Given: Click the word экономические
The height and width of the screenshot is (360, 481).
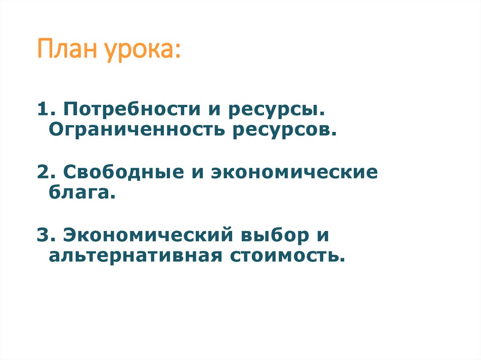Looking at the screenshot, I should click(x=294, y=173).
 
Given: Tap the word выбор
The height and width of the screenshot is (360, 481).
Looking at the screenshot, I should click(x=273, y=235).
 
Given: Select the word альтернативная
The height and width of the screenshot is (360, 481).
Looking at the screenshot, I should click(x=136, y=256).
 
